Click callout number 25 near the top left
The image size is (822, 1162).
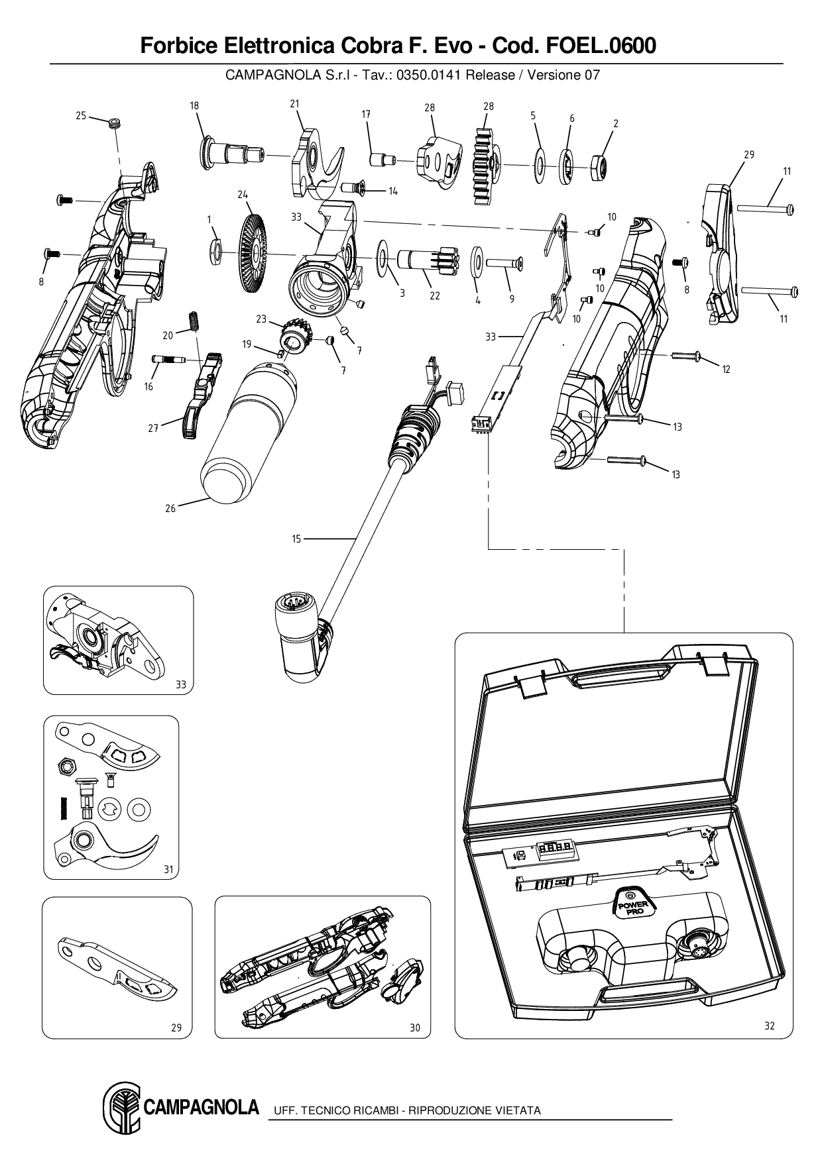coord(81,116)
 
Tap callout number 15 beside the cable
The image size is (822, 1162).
coord(296,539)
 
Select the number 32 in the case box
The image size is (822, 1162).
coord(769,1026)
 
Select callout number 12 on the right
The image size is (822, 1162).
coord(726,369)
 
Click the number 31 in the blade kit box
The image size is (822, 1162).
coord(168,869)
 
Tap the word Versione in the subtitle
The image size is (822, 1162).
coord(554,75)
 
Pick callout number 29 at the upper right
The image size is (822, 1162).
coord(748,155)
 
